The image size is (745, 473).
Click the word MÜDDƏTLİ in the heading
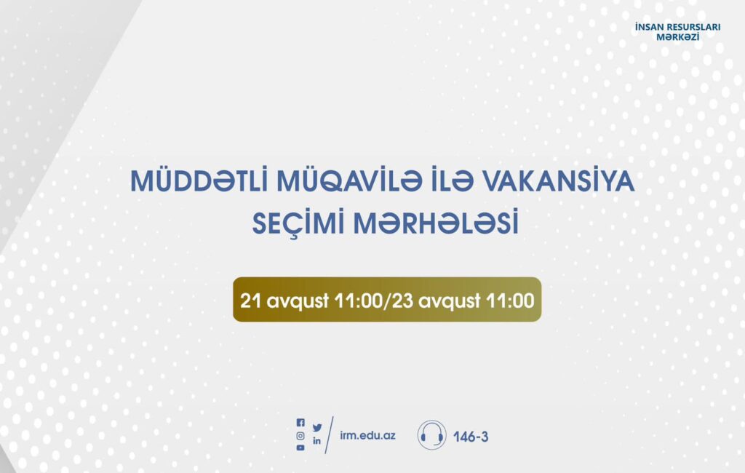(199, 180)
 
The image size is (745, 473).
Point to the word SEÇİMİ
(298, 223)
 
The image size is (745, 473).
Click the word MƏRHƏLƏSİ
(436, 223)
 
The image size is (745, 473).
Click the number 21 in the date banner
(250, 301)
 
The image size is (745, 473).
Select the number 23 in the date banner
(403, 301)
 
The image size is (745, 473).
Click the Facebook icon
(300, 422)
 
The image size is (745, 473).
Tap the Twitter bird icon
(317, 428)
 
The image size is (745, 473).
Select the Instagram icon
(300, 435)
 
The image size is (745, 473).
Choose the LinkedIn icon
(317, 441)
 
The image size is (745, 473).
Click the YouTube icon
(300, 448)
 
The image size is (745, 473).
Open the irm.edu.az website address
(367, 435)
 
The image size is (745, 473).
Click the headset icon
(432, 435)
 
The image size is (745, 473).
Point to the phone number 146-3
(471, 437)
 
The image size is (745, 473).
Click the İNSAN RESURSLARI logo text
(677, 27)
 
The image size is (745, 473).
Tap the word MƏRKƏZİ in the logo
(677, 37)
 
